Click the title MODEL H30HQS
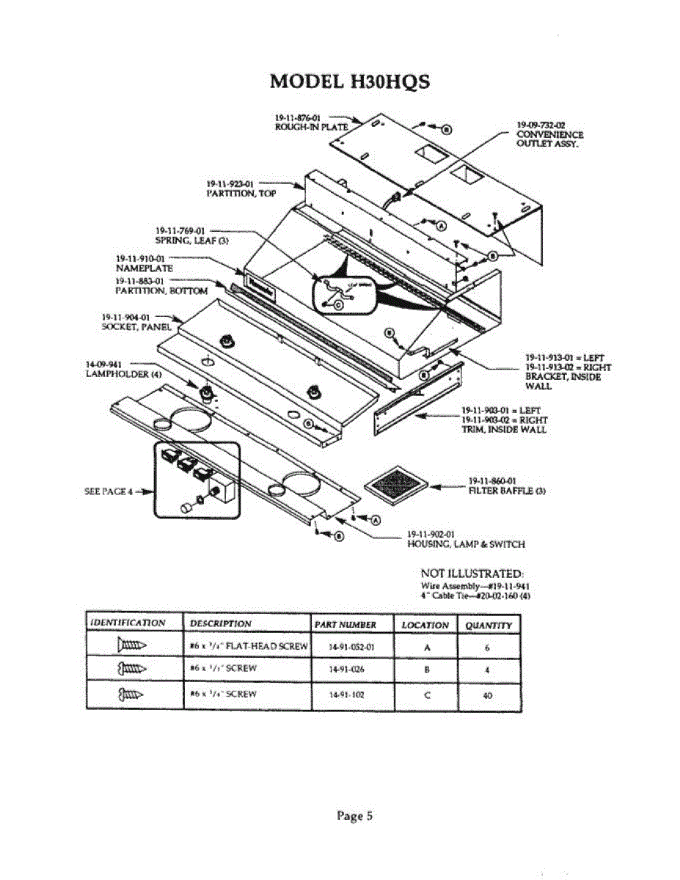coord(350,81)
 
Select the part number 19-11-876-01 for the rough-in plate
coord(295,117)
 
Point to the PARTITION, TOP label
coord(230,193)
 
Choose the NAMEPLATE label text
coord(144,268)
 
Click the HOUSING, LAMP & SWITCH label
coord(466,544)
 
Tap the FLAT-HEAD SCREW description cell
coord(246,647)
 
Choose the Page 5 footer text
coord(355,815)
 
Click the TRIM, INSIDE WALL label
coord(503,429)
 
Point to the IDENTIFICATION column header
coord(128,623)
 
